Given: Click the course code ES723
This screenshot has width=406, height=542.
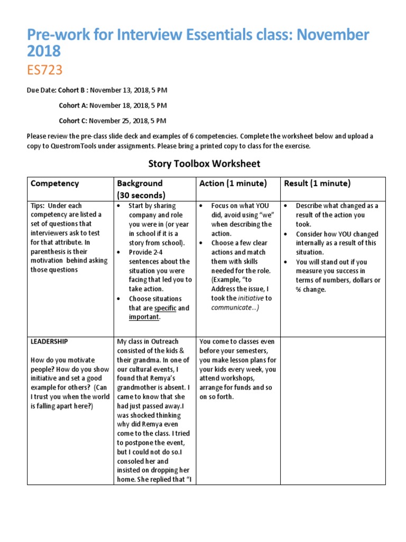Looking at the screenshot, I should [45, 70].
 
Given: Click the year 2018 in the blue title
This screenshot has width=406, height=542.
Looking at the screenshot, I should [44, 51].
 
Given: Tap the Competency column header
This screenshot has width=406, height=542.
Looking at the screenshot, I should [54, 183].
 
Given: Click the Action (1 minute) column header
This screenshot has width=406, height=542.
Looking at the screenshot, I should [233, 183].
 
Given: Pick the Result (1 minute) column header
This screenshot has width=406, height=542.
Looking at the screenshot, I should [317, 183].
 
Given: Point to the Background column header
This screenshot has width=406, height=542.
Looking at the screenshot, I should [140, 183].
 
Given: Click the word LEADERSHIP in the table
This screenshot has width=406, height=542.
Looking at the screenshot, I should [49, 342].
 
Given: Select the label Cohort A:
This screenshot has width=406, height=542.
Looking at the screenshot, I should [73, 105].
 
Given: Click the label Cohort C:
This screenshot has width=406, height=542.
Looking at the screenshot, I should [73, 121].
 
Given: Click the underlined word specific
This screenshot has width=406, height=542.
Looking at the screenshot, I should [165, 308].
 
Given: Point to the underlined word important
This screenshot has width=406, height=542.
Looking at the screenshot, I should [143, 317].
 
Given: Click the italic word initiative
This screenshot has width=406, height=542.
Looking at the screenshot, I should [250, 298].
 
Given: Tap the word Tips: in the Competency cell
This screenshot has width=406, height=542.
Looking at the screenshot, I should [40, 205].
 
